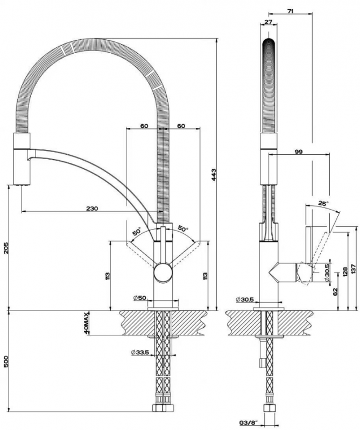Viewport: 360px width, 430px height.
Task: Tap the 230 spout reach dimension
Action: click(x=92, y=209)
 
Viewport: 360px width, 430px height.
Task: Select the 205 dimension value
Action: click(x=6, y=248)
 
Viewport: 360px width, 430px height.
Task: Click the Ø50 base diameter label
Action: click(x=140, y=298)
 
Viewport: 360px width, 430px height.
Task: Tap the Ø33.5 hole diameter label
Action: click(x=140, y=353)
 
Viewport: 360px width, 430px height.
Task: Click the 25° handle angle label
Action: click(x=323, y=203)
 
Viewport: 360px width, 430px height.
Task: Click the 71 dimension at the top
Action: click(x=290, y=11)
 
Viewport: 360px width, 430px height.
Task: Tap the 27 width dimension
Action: click(x=268, y=22)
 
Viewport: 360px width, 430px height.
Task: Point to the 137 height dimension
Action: click(x=353, y=270)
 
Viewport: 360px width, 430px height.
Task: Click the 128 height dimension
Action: click(x=345, y=271)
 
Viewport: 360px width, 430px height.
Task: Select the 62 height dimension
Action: click(x=335, y=291)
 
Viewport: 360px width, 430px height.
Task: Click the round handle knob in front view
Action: click(x=163, y=272)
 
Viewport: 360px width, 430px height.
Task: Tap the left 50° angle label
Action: click(x=137, y=231)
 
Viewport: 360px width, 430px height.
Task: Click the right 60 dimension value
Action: click(x=181, y=126)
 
